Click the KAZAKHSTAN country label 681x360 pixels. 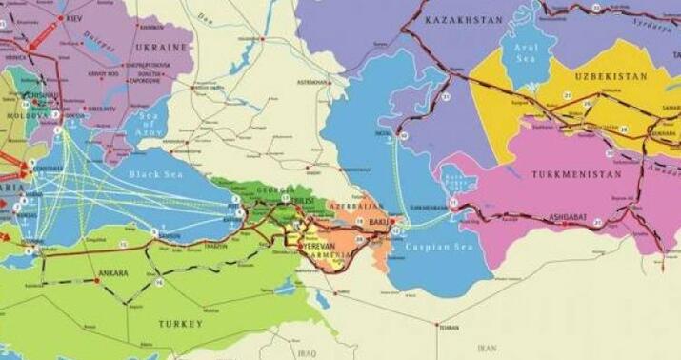coord(463,19)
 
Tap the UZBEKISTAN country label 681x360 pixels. coord(611,75)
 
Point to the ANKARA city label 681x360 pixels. coord(112,273)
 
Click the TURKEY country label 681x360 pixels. coord(181,324)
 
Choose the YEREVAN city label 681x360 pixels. coord(317,246)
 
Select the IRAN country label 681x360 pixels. coord(487,349)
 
